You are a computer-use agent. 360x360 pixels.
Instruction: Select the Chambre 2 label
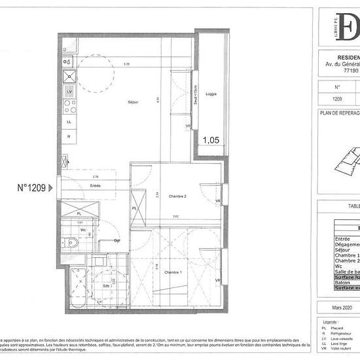pyautogui.click(x=178, y=196)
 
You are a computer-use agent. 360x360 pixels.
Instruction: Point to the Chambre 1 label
pyautogui.click(x=172, y=272)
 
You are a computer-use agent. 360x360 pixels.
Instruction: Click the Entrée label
pyautogui.click(x=96, y=186)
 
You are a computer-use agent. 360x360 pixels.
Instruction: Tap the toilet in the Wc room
pyautogui.click(x=74, y=243)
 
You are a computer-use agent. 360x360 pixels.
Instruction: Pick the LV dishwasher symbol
pyautogui.click(x=69, y=92)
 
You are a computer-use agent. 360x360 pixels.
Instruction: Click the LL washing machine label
pyautogui.click(x=69, y=121)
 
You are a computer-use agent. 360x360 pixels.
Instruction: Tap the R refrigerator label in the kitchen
pyautogui.click(x=69, y=136)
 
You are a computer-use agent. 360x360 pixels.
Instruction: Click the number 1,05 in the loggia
pyautogui.click(x=211, y=139)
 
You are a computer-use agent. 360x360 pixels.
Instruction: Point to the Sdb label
pyautogui.click(x=106, y=286)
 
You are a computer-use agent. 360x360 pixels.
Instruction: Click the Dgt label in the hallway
pyautogui.click(x=117, y=241)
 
